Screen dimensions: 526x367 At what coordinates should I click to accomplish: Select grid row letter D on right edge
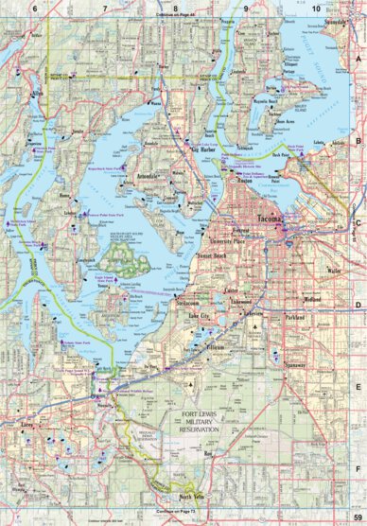[x=359, y=306]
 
